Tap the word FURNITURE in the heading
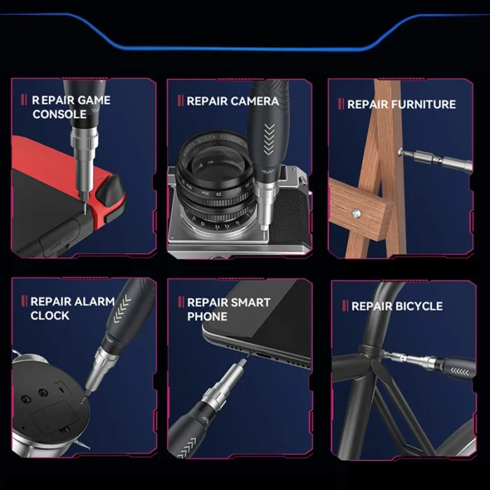click(423, 104)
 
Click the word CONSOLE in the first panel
click(59, 114)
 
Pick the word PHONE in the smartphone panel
click(207, 316)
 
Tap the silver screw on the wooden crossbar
click(356, 213)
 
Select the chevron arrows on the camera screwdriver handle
click(269, 139)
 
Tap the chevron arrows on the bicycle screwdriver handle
click(460, 372)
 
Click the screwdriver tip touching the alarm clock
click(83, 400)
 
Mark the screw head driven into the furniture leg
click(401, 153)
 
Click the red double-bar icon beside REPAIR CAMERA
click(181, 101)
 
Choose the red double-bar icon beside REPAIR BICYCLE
click(345, 306)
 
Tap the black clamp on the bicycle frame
click(371, 352)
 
